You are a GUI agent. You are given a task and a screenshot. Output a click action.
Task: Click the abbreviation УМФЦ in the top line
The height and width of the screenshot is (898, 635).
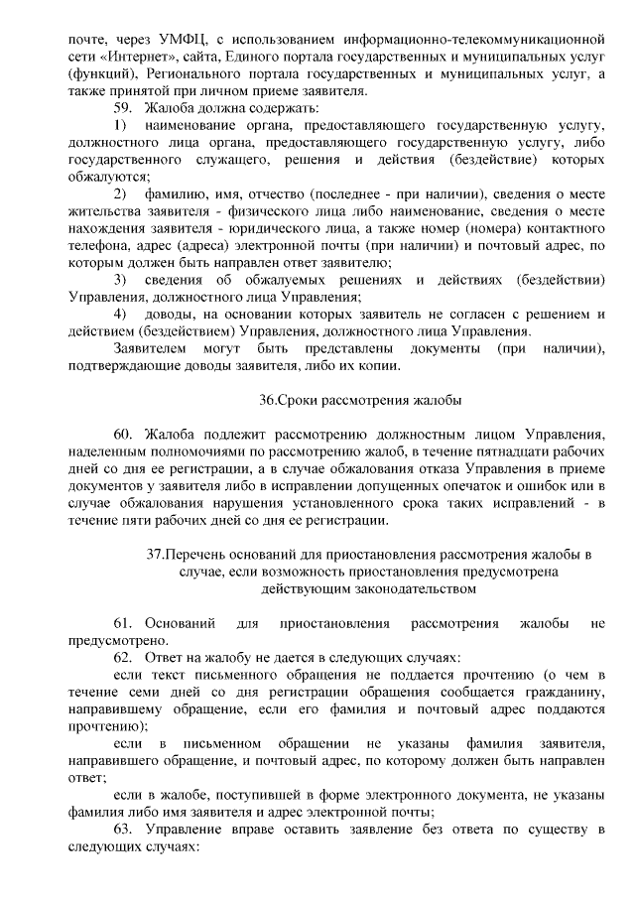click(184, 40)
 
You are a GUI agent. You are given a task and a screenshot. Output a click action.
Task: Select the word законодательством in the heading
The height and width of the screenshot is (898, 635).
click(397, 588)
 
